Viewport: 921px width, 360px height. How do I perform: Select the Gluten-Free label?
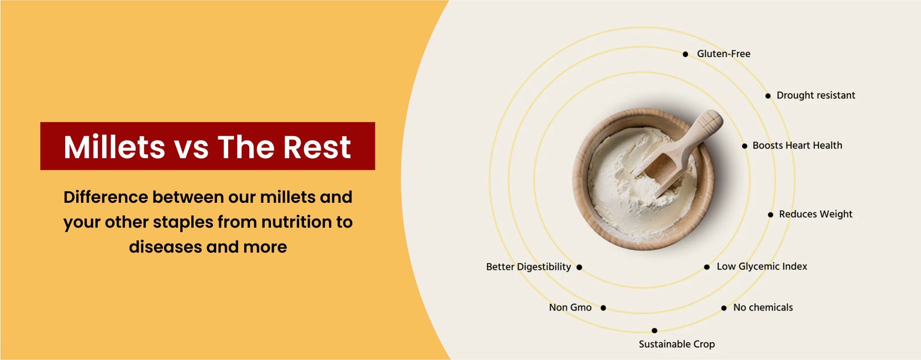723,54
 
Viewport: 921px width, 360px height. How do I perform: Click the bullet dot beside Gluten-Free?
686,54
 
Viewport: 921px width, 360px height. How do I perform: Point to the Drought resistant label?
816,95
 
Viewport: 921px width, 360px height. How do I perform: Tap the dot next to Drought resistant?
768,96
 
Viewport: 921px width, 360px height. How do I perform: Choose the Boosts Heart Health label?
797,145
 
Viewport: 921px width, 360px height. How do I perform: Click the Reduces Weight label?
816,214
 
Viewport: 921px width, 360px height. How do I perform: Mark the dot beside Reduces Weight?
770,215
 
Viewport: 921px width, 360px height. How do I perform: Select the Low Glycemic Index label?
762,267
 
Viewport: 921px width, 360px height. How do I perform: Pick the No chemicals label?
763,308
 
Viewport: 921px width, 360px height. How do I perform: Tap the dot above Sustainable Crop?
654,330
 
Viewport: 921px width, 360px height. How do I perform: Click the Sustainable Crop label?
676,344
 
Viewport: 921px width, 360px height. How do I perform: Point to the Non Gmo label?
570,308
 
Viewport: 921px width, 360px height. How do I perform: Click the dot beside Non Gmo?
603,308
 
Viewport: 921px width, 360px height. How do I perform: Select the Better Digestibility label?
528,267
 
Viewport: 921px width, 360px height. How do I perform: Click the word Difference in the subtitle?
105,197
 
